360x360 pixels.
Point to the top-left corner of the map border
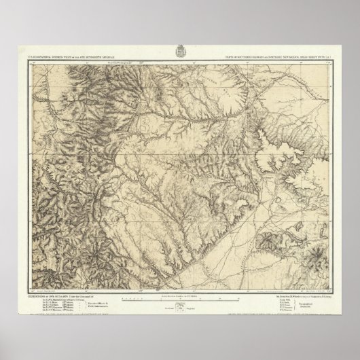pyautogui.click(x=28, y=60)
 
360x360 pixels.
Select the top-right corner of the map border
pyautogui.click(x=332, y=60)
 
